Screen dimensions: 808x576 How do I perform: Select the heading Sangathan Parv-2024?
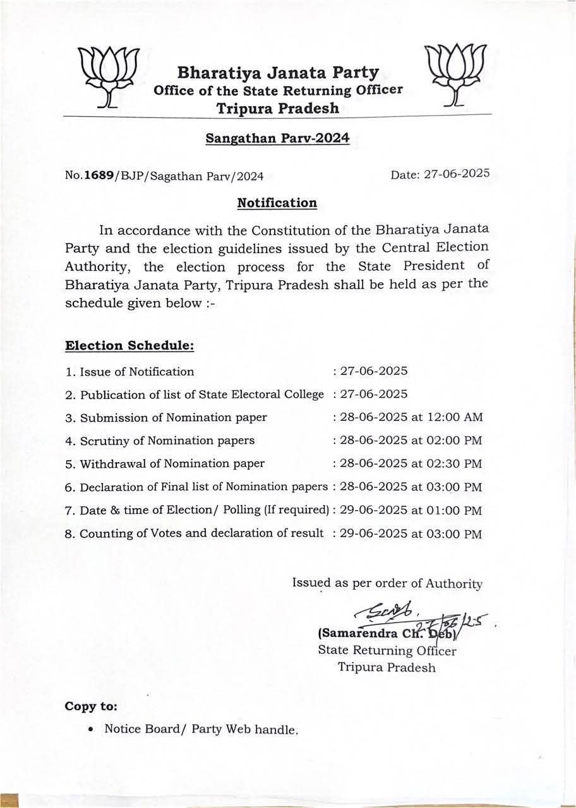pyautogui.click(x=277, y=138)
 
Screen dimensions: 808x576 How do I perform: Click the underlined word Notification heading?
pyautogui.click(x=277, y=203)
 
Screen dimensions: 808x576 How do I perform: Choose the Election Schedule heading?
pyautogui.click(x=129, y=346)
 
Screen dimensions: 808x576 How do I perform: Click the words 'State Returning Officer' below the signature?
pyautogui.click(x=387, y=651)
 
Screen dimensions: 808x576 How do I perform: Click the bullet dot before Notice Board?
pyautogui.click(x=92, y=729)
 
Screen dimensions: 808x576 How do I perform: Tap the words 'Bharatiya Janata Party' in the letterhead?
pyautogui.click(x=278, y=73)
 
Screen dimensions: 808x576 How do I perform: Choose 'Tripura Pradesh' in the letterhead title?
pyautogui.click(x=278, y=108)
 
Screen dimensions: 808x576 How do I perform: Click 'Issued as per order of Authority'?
pyautogui.click(x=387, y=583)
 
